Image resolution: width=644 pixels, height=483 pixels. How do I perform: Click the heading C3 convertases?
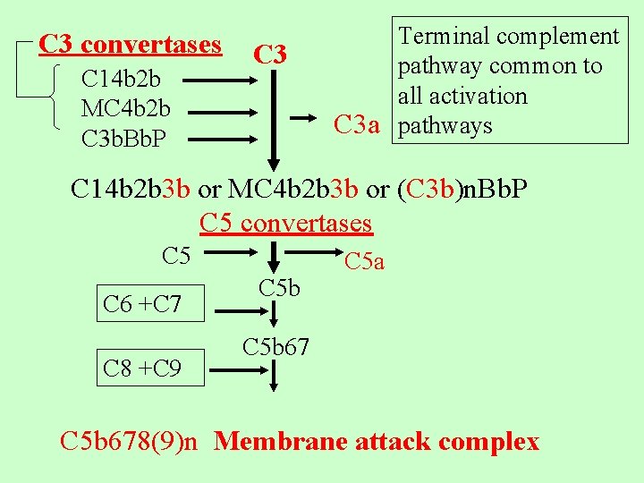[x=131, y=44]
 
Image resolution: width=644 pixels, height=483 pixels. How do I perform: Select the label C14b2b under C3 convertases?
[x=120, y=79]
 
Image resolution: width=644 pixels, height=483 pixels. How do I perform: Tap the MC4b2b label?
[x=125, y=109]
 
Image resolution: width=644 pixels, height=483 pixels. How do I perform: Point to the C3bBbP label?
[x=123, y=140]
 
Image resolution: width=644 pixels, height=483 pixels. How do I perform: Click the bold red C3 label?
[x=269, y=55]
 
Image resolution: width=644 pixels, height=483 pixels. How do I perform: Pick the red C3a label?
[x=360, y=125]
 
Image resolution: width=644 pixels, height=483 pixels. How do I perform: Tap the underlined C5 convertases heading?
[x=285, y=222]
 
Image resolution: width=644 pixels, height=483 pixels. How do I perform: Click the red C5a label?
[x=364, y=261]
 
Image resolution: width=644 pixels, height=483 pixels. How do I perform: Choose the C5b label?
[x=279, y=288]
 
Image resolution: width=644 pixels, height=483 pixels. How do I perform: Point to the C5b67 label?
[x=276, y=346]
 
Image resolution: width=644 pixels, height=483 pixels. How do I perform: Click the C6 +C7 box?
[x=142, y=304]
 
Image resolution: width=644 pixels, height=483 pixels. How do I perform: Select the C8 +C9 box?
[x=142, y=368]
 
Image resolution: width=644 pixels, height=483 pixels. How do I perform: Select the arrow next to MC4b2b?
[x=224, y=111]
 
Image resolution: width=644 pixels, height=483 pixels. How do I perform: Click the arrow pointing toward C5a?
[x=313, y=253]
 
